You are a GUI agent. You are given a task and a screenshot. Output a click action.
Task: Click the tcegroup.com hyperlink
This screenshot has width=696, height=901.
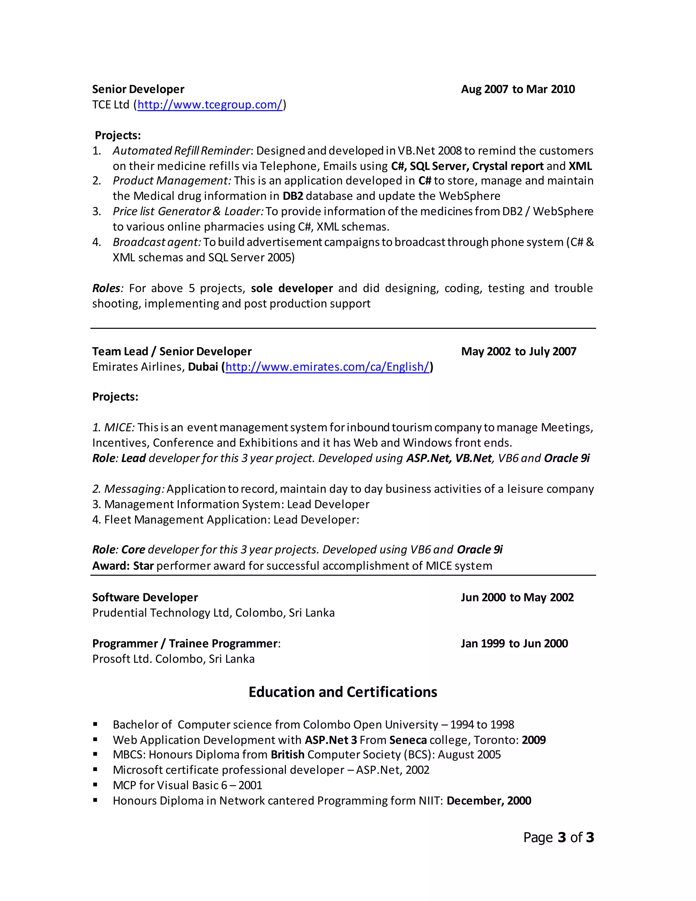[210, 105]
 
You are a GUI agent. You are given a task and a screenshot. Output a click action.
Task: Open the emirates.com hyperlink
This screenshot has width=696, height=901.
[327, 367]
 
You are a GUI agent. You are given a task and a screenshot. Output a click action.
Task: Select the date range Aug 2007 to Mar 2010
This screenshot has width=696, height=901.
[518, 89]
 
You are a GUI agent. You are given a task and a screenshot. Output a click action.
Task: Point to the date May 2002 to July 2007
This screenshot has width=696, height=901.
[518, 352]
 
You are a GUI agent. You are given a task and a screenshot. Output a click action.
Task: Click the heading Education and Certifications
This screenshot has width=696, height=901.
[343, 692]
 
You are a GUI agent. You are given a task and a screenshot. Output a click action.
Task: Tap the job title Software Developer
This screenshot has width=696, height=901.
[145, 597]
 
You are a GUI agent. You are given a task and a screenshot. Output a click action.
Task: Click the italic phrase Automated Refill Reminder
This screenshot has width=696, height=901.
[181, 151]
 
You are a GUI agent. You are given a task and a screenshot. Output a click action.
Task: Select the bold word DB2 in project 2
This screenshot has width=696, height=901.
[293, 196]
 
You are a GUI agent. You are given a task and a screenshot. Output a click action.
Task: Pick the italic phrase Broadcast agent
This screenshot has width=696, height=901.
[157, 242]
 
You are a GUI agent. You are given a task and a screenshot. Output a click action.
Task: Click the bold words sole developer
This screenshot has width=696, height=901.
[292, 288]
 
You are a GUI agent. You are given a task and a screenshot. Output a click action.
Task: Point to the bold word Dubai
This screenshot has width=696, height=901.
[203, 367]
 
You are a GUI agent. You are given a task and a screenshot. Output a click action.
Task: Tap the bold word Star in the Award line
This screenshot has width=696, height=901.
[143, 566]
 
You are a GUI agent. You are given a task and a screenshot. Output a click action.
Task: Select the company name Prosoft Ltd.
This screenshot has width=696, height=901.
[122, 659]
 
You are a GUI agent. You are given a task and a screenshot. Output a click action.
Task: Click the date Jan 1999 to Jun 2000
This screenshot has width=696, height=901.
[514, 644]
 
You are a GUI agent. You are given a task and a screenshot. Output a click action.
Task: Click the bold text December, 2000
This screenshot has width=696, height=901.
[489, 801]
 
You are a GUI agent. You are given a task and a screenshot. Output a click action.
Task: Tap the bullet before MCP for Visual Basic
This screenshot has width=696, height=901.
[95, 785]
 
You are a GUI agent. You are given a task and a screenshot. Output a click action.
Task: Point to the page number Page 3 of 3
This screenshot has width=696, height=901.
[558, 837]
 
